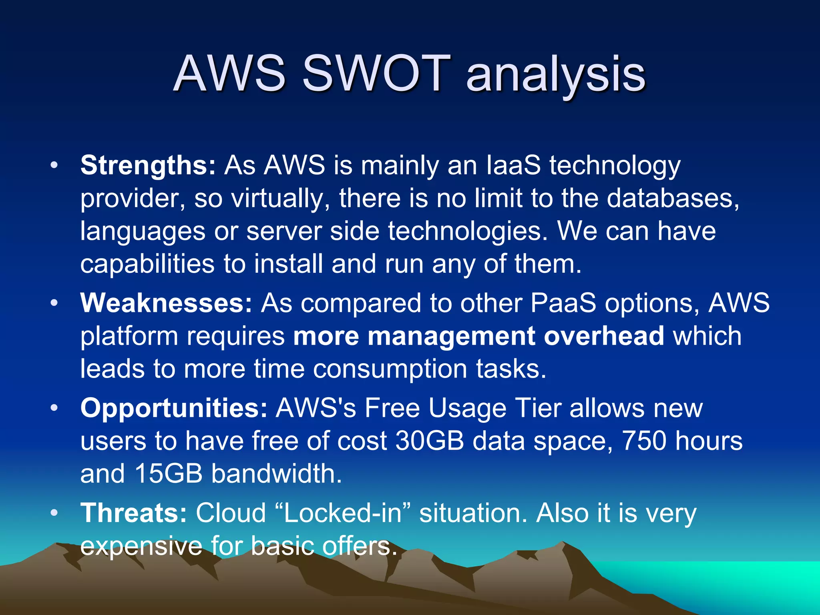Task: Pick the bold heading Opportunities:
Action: tap(174, 408)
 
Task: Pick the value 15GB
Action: tap(169, 474)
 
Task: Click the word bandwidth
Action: tap(276, 474)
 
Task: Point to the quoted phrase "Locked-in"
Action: tap(343, 513)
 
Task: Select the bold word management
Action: tap(451, 336)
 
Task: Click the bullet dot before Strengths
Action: tap(54, 165)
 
